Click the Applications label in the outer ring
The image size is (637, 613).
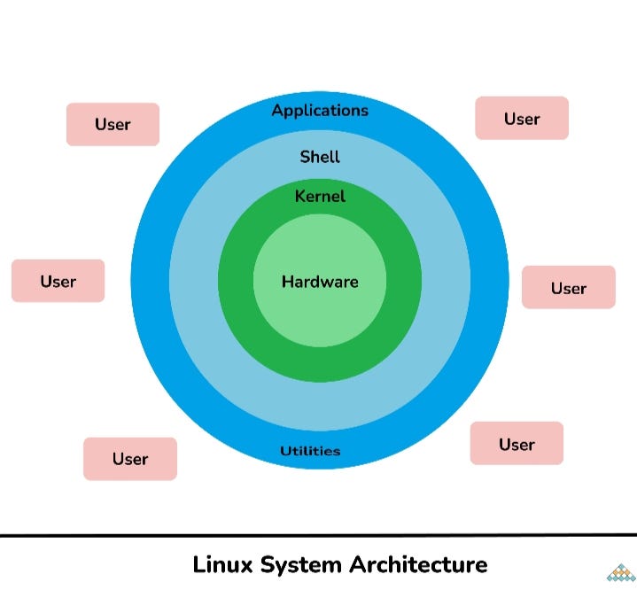[x=320, y=111]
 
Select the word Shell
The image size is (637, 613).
[x=320, y=157]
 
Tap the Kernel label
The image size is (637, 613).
[x=320, y=196]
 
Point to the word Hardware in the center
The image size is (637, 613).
[x=320, y=282]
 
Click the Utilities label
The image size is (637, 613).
[x=310, y=451]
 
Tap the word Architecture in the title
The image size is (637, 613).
[x=418, y=564]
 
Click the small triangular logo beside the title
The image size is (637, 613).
[x=621, y=572]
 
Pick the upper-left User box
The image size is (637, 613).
[x=113, y=124]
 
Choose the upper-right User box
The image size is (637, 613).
[x=522, y=119]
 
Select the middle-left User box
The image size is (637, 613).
[x=58, y=281]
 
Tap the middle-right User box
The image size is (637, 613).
[x=568, y=287]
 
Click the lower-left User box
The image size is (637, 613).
[x=130, y=459]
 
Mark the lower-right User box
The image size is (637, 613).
[x=517, y=444]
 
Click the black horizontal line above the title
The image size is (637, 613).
[x=318, y=535]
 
